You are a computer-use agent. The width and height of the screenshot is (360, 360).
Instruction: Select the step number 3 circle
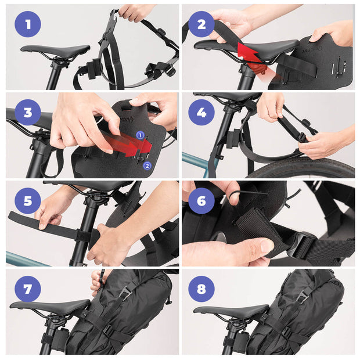(x=28, y=112)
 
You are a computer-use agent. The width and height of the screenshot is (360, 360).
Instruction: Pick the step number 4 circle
(x=201, y=112)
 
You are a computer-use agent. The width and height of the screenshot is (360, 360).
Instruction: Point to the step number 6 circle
(x=201, y=200)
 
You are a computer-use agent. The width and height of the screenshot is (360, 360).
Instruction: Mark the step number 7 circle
(x=28, y=289)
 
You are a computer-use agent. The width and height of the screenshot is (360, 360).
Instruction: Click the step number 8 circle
(x=201, y=289)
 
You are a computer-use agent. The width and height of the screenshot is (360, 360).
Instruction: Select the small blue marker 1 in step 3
(x=139, y=135)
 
